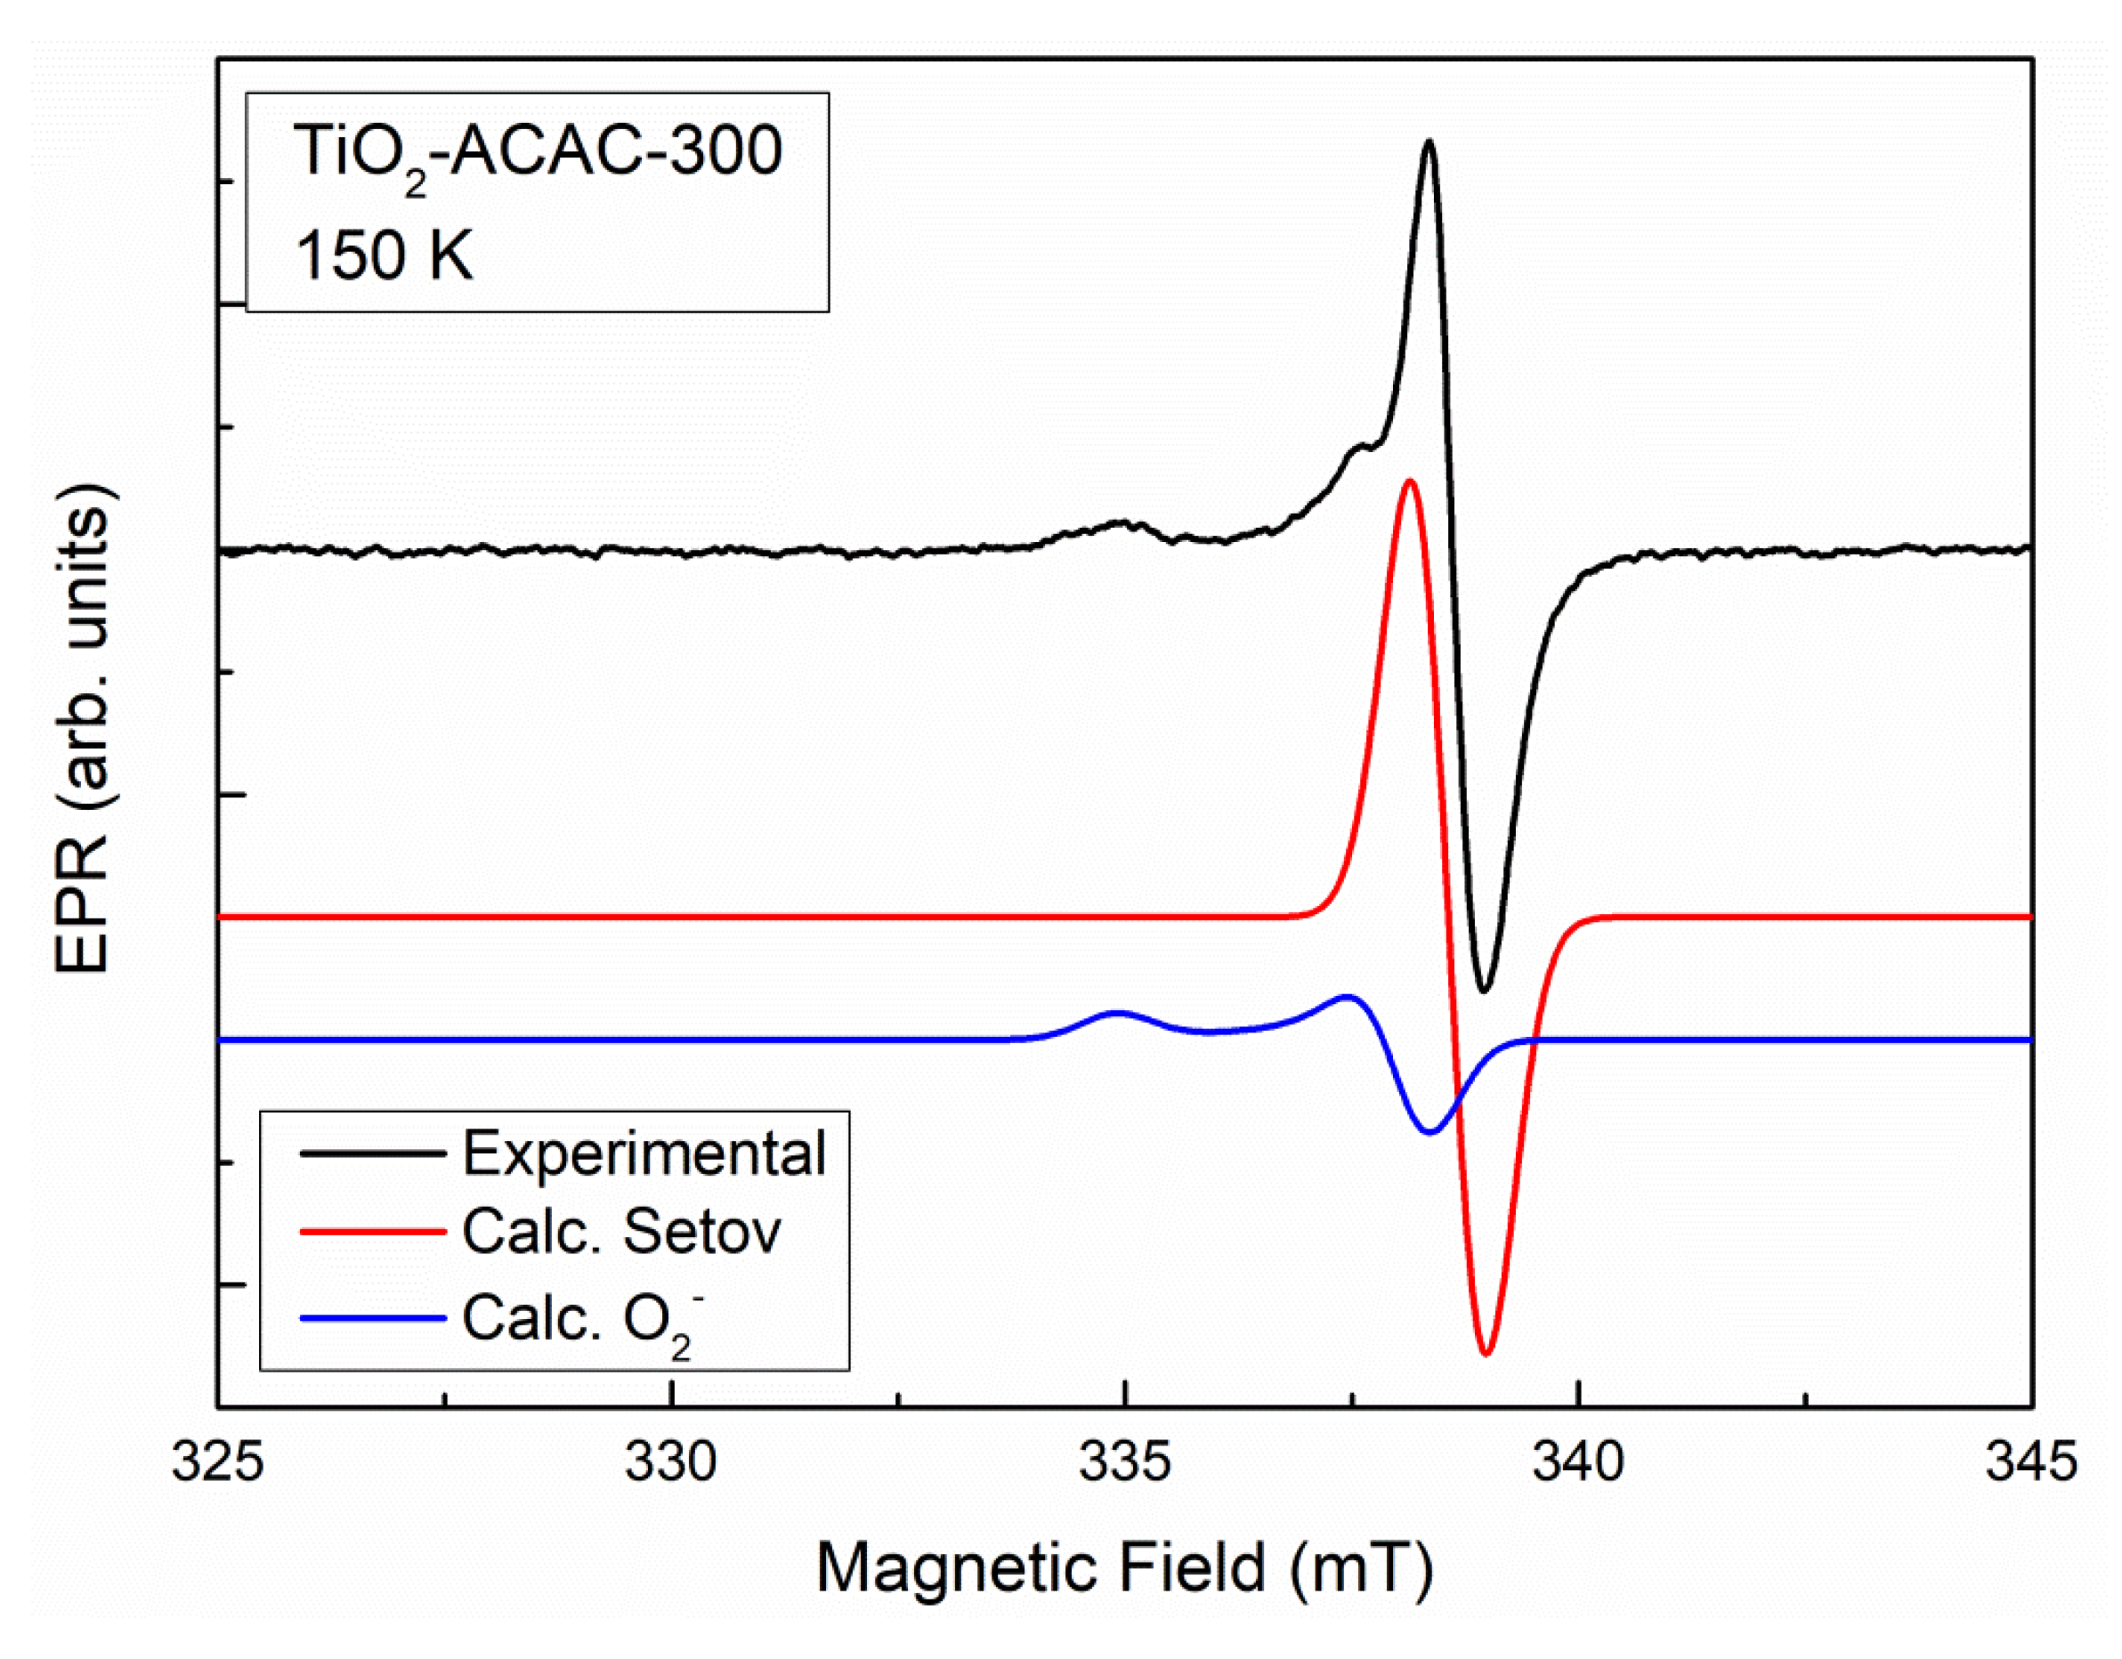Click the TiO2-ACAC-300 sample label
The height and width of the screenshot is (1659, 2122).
coord(538,153)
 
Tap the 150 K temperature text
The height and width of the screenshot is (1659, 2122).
coord(384,256)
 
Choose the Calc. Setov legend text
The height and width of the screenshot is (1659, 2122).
coord(622,1233)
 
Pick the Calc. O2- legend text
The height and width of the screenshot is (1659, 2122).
coord(583,1320)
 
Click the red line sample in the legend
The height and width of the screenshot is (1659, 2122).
coord(372,1232)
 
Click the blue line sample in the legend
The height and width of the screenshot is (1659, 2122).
coord(372,1318)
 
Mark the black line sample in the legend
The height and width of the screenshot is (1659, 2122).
coord(372,1153)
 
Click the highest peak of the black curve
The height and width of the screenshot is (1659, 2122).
coord(1429,142)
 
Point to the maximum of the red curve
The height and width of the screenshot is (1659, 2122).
coord(1409,481)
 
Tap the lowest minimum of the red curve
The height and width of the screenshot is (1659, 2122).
coord(1486,1352)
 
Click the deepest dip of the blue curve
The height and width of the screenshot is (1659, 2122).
coord(1430,1131)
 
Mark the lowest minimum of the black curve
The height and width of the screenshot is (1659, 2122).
coord(1483,991)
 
